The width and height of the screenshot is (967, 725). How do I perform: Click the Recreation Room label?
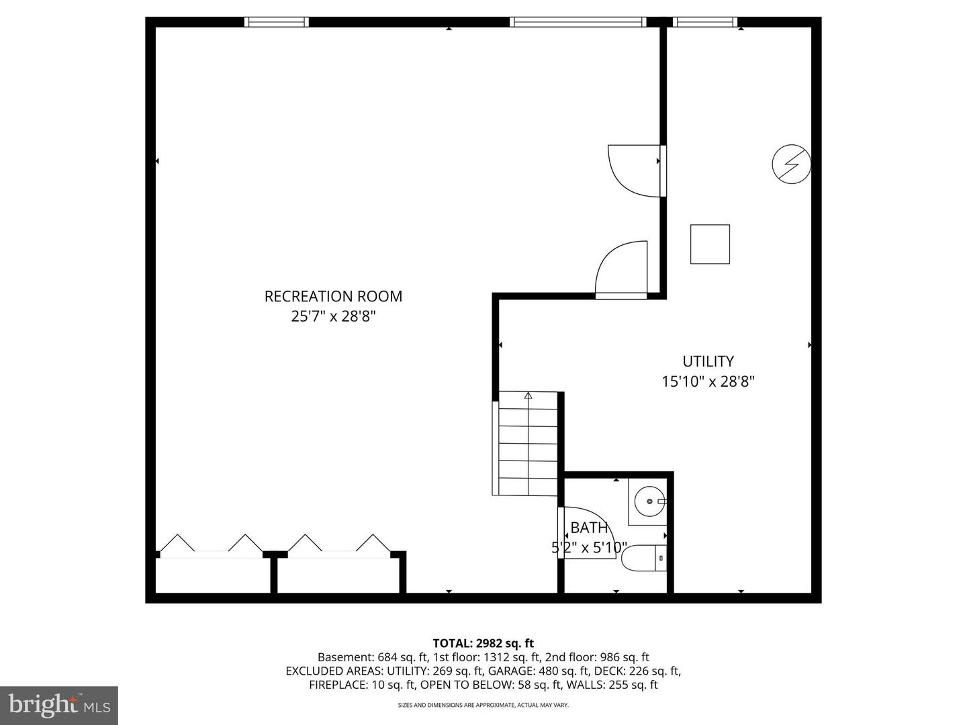pyautogui.click(x=333, y=296)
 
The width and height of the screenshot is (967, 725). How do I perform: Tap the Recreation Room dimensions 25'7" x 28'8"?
pyautogui.click(x=333, y=316)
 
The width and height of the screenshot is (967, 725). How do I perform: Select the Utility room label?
pyautogui.click(x=708, y=361)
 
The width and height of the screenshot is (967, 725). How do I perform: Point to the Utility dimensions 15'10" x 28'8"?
pyautogui.click(x=708, y=381)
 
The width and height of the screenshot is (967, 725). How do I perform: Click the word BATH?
pyautogui.click(x=589, y=528)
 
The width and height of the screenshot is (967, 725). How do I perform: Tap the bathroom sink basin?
pyautogui.click(x=650, y=501)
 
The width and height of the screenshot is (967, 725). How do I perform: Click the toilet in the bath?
pyautogui.click(x=643, y=558)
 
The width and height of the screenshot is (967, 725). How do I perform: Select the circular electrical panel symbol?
pyautogui.click(x=791, y=164)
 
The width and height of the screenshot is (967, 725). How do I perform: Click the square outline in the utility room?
pyautogui.click(x=710, y=244)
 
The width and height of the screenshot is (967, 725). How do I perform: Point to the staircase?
pyautogui.click(x=525, y=444)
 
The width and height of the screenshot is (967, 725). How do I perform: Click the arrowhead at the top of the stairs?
pyautogui.click(x=528, y=395)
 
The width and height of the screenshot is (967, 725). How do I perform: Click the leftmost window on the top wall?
pyautogui.click(x=276, y=22)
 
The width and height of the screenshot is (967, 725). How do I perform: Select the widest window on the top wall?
pyautogui.click(x=578, y=22)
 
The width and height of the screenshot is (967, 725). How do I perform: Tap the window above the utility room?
pyautogui.click(x=705, y=22)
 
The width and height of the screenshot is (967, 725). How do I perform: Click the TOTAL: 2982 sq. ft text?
pyautogui.click(x=483, y=644)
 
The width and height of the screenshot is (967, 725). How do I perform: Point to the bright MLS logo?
pyautogui.click(x=59, y=705)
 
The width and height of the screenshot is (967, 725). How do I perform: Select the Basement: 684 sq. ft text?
pyautogui.click(x=373, y=657)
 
